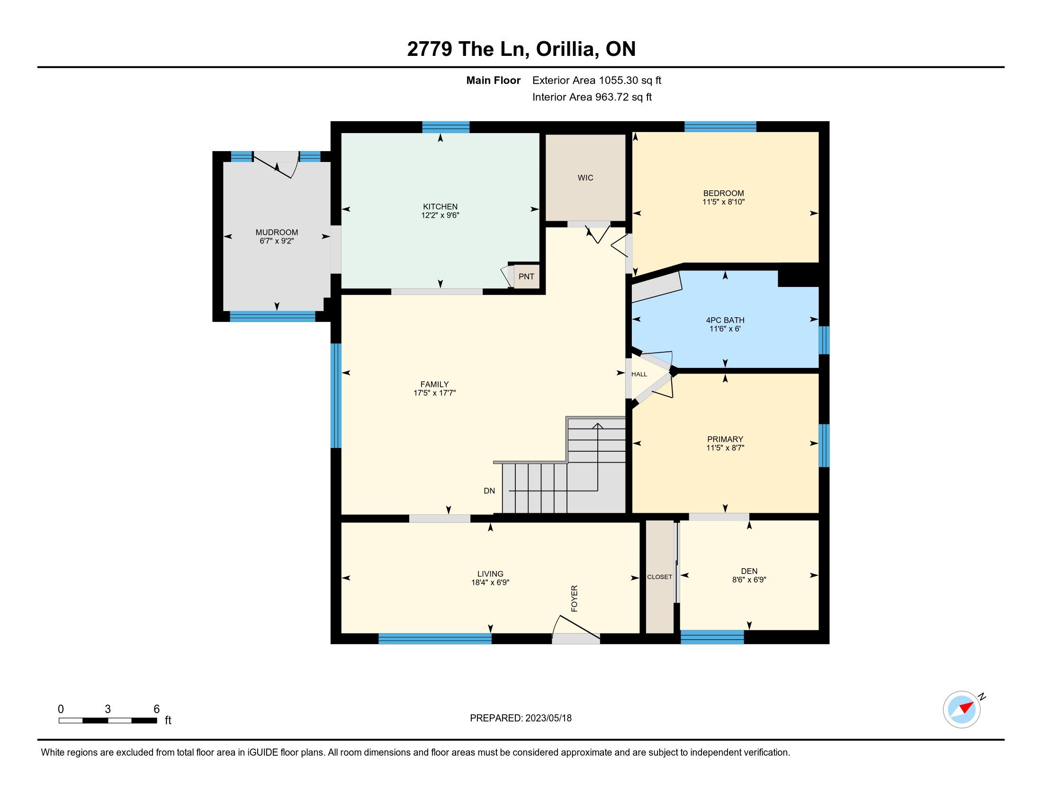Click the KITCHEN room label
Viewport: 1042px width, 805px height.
click(x=440, y=206)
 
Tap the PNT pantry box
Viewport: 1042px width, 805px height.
click(x=526, y=277)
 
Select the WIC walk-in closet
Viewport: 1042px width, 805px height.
click(x=585, y=178)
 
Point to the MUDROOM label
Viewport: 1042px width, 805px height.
click(x=277, y=232)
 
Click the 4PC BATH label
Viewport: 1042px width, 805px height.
click(x=725, y=320)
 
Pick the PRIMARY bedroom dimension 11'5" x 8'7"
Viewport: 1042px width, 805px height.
click(x=725, y=448)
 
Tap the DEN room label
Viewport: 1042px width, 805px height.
click(x=749, y=571)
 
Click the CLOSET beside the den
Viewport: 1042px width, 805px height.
click(x=660, y=577)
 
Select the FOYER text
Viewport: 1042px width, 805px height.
click(x=575, y=599)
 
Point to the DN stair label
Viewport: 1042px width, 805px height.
click(x=489, y=491)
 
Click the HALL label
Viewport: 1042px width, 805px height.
click(x=639, y=375)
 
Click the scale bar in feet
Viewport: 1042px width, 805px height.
click(x=108, y=720)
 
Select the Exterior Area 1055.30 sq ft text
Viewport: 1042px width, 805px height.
click(x=597, y=80)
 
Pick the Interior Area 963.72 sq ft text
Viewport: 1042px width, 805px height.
click(x=592, y=97)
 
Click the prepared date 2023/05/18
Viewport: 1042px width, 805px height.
click(x=548, y=718)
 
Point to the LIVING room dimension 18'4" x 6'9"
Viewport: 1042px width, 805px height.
click(x=491, y=582)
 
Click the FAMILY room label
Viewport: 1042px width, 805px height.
click(x=434, y=384)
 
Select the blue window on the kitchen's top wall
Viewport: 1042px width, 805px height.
click(x=446, y=127)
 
